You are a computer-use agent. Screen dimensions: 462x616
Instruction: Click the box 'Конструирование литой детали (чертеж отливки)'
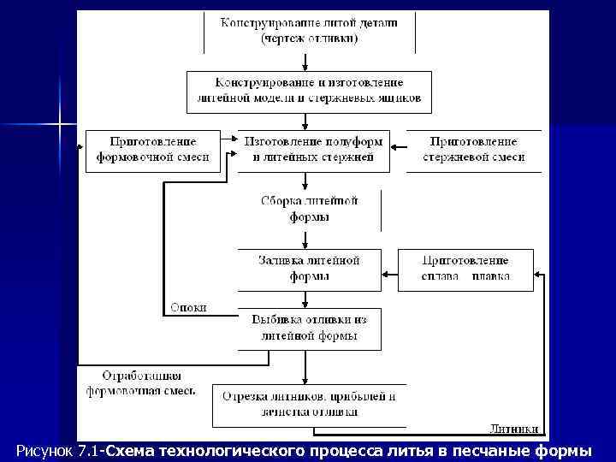coord(308,31)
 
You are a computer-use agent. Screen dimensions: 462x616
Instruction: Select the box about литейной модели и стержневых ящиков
coord(309,92)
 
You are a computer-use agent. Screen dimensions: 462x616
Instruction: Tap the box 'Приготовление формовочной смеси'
coord(153,150)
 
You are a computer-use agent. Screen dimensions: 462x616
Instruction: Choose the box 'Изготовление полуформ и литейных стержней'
coord(309,150)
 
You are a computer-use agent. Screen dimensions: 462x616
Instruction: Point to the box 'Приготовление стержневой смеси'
coord(474,150)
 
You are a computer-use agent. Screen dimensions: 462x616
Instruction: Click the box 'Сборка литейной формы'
coord(309,209)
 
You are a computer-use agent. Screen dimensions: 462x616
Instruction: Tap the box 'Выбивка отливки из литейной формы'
coord(309,329)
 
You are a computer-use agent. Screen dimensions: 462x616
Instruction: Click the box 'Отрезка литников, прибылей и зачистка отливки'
coord(309,405)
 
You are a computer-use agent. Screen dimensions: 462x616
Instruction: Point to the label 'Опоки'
coord(188,307)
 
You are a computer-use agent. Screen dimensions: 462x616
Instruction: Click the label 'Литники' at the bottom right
coord(514,429)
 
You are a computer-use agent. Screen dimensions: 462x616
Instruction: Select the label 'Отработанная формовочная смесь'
coord(141,383)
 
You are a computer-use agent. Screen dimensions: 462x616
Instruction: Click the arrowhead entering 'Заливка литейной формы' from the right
coord(386,275)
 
